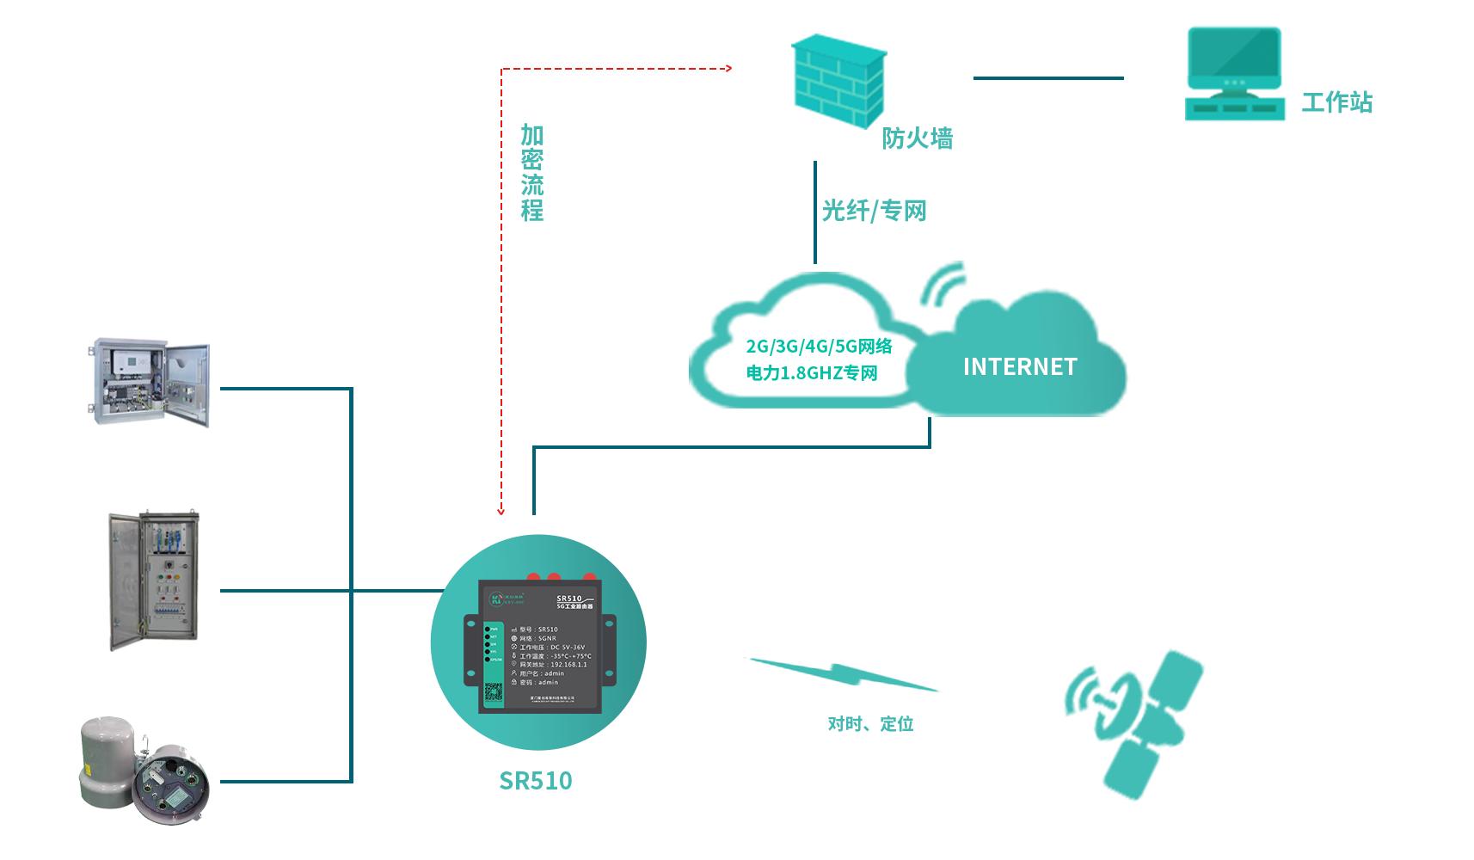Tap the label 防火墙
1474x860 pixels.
coord(917,138)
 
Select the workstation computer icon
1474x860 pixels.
coord(1234,74)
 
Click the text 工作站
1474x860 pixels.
coord(1336,102)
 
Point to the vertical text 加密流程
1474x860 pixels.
coord(532,172)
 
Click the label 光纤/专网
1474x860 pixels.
coord(874,211)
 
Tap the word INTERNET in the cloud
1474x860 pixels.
coord(1020,367)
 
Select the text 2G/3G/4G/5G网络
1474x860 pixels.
coord(819,347)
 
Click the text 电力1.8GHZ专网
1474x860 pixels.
coord(812,373)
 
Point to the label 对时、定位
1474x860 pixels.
coord(870,724)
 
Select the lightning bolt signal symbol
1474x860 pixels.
coord(843,673)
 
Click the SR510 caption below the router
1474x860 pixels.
coord(535,780)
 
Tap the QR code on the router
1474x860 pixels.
coord(493,693)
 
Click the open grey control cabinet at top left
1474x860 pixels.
coord(151,383)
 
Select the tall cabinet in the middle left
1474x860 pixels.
coord(154,580)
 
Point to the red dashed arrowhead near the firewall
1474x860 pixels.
coord(728,68)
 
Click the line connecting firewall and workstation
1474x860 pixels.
coord(1047,78)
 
